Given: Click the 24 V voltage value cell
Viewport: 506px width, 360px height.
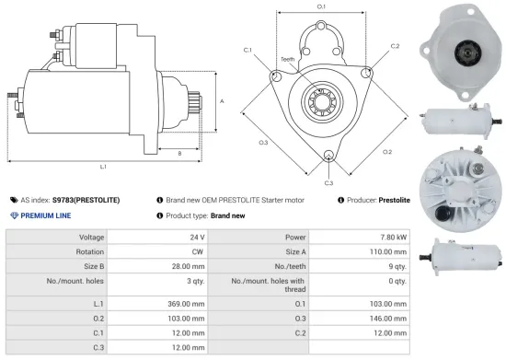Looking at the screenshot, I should [197, 237].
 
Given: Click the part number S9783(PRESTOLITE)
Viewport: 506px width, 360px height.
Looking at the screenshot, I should [86, 199].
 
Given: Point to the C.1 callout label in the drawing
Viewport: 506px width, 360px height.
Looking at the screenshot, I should [248, 50].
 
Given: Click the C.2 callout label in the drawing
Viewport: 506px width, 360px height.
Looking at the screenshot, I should [395, 45].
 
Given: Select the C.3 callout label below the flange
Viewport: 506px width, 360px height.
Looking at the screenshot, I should [328, 183].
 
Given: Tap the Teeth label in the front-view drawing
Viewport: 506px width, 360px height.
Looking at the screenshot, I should [288, 60].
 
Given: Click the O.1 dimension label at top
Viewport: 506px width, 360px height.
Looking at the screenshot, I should [321, 7].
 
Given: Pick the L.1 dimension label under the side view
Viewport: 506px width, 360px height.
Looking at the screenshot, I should [103, 167].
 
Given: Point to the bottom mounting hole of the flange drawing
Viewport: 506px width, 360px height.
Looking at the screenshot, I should [329, 157].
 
